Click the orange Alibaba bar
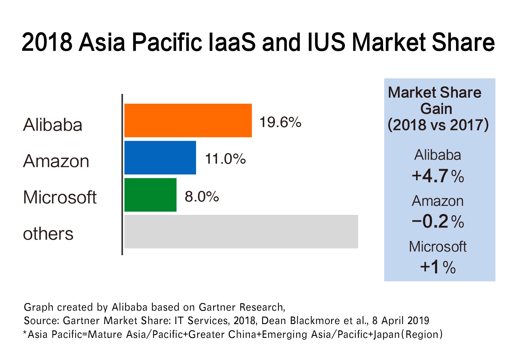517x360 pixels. (x=188, y=120)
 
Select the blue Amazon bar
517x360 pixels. (x=160, y=158)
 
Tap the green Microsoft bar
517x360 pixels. (x=150, y=195)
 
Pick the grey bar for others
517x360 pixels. (x=241, y=232)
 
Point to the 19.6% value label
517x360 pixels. (x=280, y=123)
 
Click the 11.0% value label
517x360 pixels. (x=225, y=159)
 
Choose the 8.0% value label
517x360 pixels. (x=202, y=197)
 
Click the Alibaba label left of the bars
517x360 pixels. (x=53, y=125)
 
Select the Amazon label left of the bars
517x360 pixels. (x=56, y=161)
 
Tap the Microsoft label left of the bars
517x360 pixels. (x=60, y=197)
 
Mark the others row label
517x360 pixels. (x=48, y=234)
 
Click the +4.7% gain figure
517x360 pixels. (x=438, y=176)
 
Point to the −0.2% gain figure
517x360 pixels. (x=438, y=222)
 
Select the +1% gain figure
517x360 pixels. (x=438, y=267)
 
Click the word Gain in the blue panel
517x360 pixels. (x=436, y=109)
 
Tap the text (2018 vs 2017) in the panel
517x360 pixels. (x=438, y=125)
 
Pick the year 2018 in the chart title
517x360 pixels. (x=47, y=42)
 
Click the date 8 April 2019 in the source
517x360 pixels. (x=400, y=321)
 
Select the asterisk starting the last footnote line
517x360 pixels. (x=25, y=333)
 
